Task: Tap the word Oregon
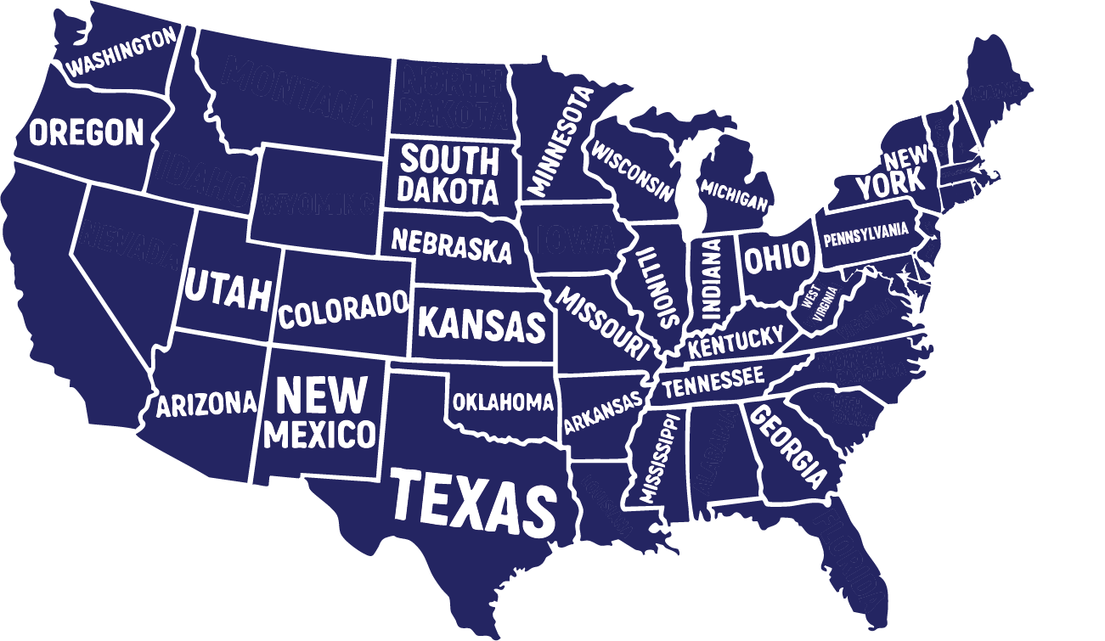[x=87, y=132]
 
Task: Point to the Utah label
[x=228, y=290]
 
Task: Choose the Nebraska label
[x=451, y=245]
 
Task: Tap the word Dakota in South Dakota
[x=448, y=190]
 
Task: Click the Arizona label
[x=206, y=403]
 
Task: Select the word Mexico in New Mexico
[x=319, y=434]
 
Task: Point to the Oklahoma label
[x=503, y=402]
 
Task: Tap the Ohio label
[x=776, y=259]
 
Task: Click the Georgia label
[x=788, y=447]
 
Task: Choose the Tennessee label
[x=713, y=382]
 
